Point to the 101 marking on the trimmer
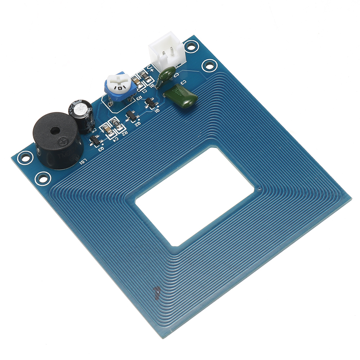[x=118, y=87]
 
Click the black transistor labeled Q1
[x=151, y=103]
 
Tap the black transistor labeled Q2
[x=131, y=116]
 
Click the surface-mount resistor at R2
[x=117, y=126]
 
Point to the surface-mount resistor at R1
[x=143, y=76]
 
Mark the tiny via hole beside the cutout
[x=260, y=188]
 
